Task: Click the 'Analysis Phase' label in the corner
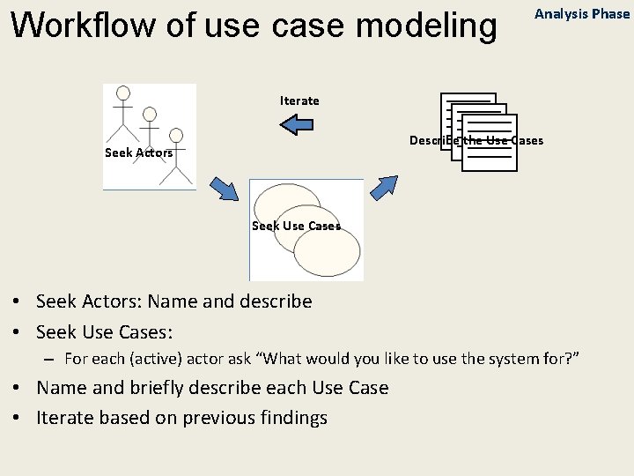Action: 582,14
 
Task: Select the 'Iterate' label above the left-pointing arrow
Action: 299,100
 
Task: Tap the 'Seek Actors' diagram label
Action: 138,152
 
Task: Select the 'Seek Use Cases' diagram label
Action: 296,226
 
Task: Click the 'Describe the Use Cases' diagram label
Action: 476,140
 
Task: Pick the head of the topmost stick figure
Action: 123,93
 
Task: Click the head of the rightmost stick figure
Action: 176,135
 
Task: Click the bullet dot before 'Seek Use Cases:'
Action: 18,332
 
